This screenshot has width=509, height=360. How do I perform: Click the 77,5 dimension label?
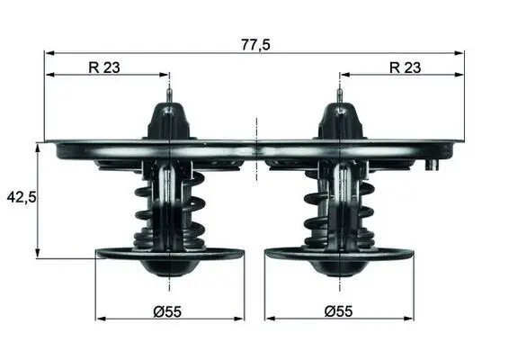255,44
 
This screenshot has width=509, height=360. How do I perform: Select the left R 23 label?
104,67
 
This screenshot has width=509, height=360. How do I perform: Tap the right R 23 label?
405,67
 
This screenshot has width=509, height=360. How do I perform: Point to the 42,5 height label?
22,197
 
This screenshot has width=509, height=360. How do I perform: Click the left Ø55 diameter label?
167,312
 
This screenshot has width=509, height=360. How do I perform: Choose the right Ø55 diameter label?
338,311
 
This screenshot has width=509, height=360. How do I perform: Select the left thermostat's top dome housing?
169,121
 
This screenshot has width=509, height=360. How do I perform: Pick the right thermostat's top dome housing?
340,121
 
